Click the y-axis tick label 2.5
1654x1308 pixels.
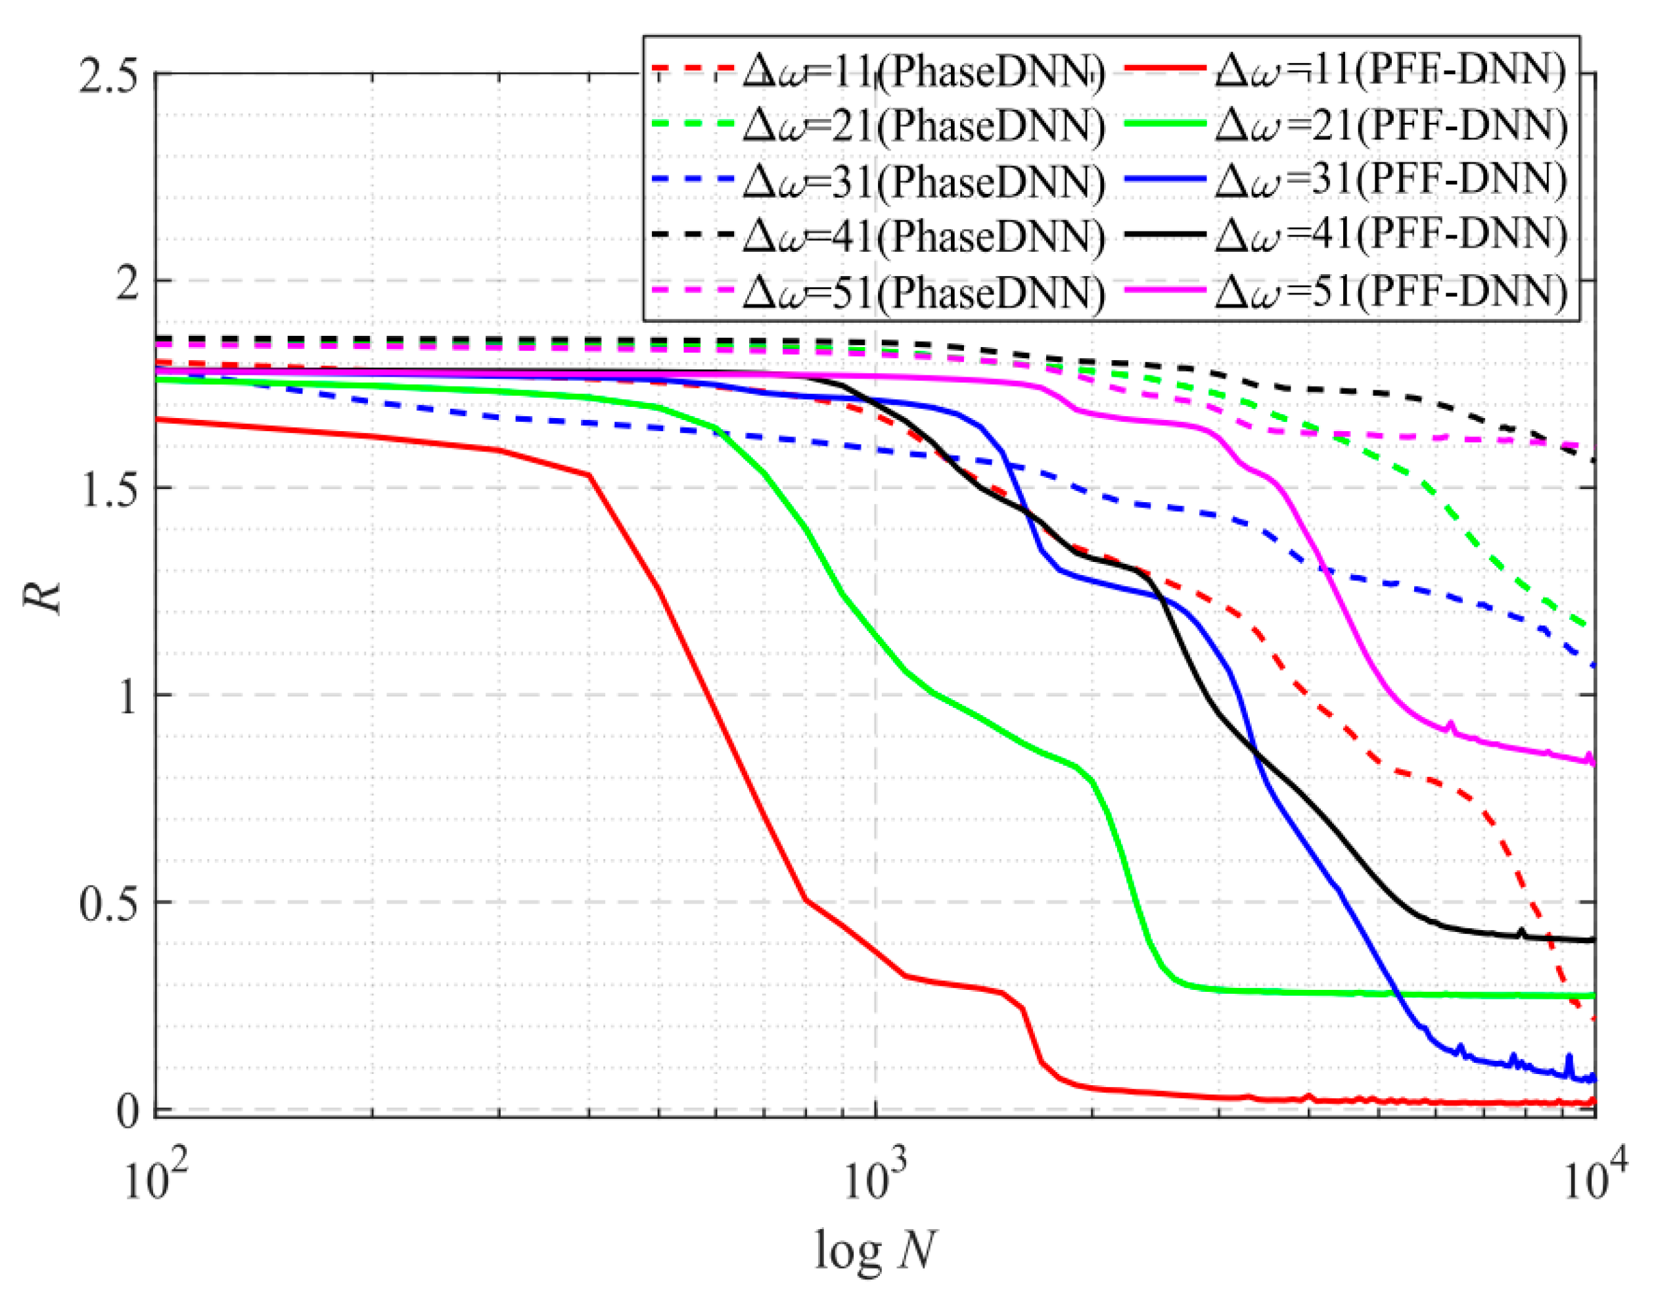point(107,77)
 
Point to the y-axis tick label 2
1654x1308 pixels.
point(130,282)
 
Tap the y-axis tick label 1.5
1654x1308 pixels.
point(107,488)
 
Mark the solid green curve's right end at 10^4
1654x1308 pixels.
point(1594,996)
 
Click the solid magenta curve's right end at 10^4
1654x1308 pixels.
point(1594,761)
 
